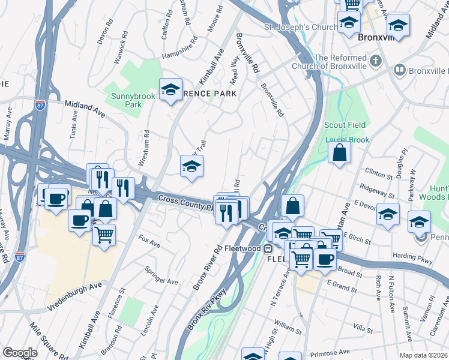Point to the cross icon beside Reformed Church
(376, 61)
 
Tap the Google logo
(20, 353)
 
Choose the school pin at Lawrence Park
(170, 90)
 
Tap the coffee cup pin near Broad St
(325, 259)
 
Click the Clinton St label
(378, 173)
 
